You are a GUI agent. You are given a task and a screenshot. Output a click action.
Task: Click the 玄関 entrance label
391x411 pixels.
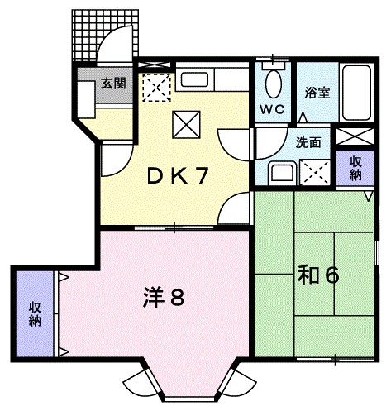coord(113,83)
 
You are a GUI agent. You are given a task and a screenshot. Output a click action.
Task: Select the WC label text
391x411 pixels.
coord(273,109)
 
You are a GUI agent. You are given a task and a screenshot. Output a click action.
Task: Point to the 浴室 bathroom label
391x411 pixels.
coord(317,92)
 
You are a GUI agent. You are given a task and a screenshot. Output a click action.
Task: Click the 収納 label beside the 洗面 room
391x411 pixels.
coord(354,169)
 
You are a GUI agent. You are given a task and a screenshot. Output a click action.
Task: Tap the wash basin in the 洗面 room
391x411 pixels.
coord(279,173)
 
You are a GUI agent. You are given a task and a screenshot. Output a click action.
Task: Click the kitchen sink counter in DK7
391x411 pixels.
coord(195,81)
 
